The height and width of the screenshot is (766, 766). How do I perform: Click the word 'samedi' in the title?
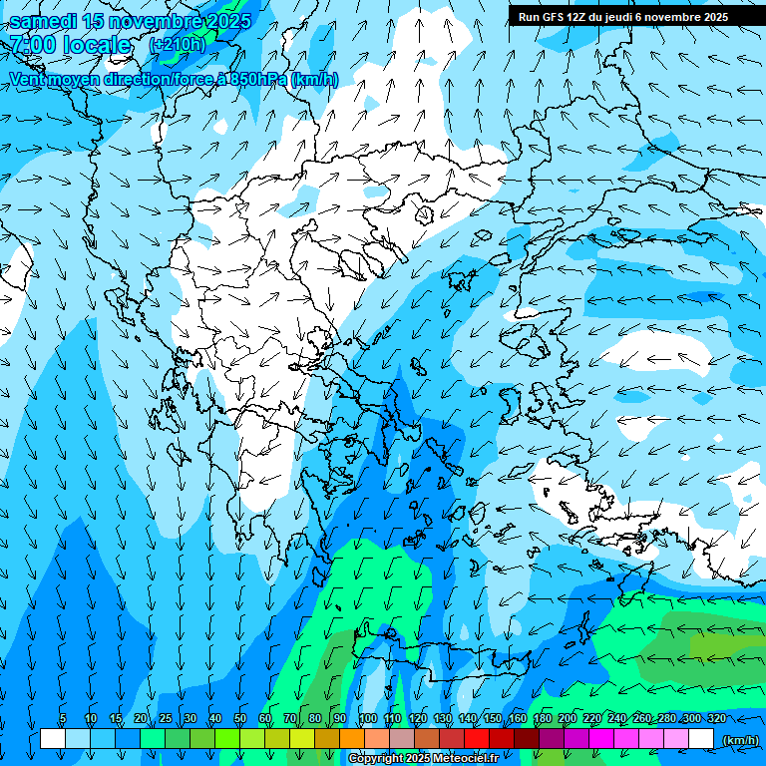44,21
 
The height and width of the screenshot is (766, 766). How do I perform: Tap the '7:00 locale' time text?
70,45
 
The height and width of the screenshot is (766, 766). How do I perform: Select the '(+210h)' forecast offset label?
177,44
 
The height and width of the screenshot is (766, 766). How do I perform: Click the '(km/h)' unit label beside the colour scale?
739,739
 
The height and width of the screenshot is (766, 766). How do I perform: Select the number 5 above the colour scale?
63,718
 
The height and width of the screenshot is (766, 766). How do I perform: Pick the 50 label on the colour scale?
240,718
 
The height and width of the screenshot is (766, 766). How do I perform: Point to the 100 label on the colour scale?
367,718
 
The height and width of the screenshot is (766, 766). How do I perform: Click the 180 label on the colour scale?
542,718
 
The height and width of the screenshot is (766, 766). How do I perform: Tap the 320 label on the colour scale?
716,718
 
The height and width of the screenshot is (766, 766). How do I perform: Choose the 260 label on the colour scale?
641,718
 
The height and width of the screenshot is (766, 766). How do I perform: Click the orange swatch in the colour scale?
352,739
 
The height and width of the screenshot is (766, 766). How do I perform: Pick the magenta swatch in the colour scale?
601,739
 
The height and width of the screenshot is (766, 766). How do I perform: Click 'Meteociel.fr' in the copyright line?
464,759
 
